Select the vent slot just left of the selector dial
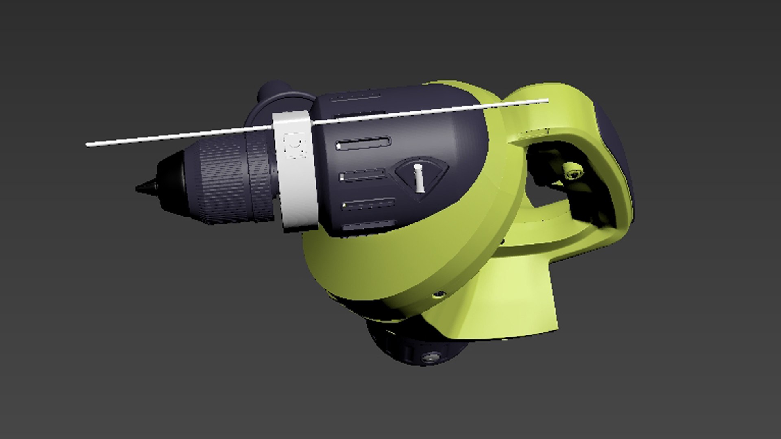[363, 176]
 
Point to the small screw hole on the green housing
[438, 294]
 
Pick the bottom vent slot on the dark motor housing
[369, 226]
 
